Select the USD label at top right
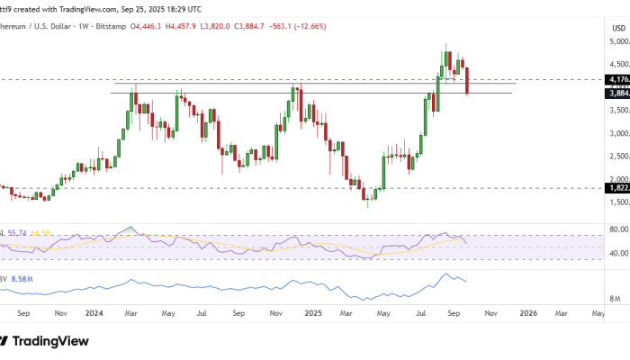tap(618, 29)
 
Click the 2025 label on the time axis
tap(313, 313)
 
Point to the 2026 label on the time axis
tap(528, 313)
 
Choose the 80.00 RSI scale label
tap(617, 229)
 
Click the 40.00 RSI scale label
tap(617, 253)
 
